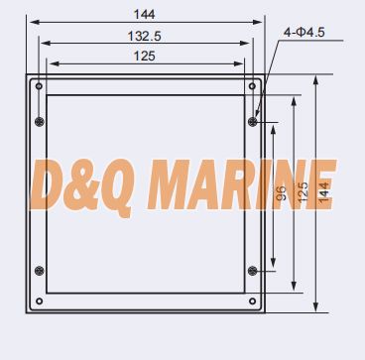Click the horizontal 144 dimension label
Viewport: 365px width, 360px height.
[x=144, y=15]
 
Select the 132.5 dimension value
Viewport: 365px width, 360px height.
[x=145, y=36]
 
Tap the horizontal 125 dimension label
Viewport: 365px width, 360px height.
[x=144, y=57]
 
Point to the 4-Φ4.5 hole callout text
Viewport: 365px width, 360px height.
[x=304, y=33]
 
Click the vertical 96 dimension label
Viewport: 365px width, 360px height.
[x=281, y=193]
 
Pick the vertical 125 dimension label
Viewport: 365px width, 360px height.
[x=303, y=192]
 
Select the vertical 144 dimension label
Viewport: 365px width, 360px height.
[x=324, y=192]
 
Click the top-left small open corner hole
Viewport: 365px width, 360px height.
[x=39, y=86]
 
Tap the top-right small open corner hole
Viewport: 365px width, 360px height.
[x=252, y=86]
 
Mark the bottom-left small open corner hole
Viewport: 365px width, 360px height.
[x=39, y=301]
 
